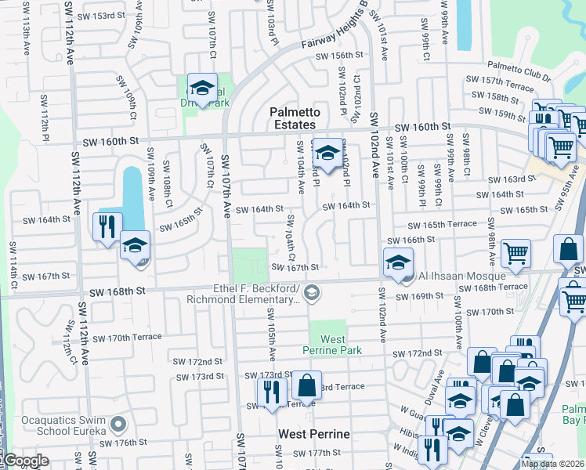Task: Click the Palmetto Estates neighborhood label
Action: click(293, 118)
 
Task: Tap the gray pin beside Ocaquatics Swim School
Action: click(118, 425)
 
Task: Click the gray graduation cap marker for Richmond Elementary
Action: click(312, 293)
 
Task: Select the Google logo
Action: click(25, 461)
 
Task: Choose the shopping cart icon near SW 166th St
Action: click(515, 252)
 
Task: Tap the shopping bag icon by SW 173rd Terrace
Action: click(306, 385)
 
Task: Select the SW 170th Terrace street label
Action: click(127, 338)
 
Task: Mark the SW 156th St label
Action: click(340, 56)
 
